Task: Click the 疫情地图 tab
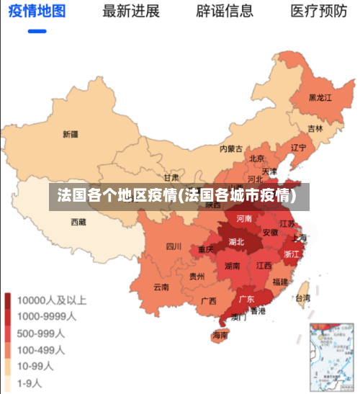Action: (37, 12)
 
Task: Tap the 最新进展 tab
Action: (130, 12)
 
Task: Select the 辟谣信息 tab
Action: (225, 12)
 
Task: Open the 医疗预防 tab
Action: (318, 12)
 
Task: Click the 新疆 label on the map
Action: (70, 134)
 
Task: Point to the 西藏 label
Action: (78, 222)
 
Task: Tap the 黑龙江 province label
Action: (320, 97)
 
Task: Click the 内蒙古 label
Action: (231, 149)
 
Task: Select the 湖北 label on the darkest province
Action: (236, 242)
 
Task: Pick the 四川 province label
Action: (174, 246)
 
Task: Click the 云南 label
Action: (161, 287)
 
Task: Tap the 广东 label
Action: (246, 299)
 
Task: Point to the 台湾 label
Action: (303, 297)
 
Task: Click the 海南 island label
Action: (220, 336)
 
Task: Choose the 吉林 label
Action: (315, 129)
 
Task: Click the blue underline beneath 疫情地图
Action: (37, 32)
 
